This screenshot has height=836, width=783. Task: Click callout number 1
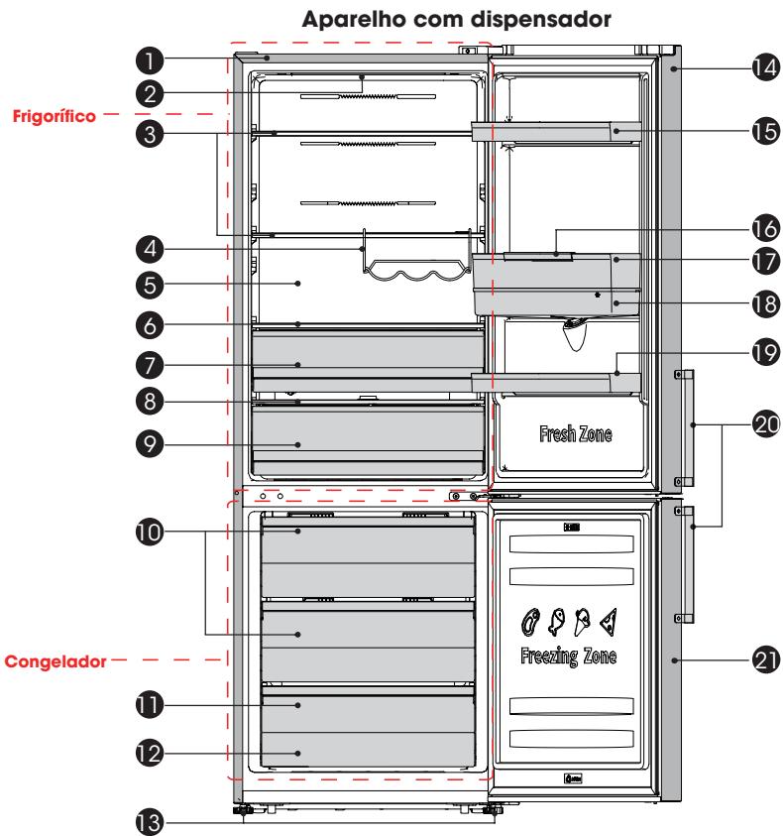coord(150,60)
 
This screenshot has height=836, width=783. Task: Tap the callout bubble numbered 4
coord(150,249)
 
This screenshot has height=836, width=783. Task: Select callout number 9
coord(150,444)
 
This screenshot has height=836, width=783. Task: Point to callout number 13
coord(150,821)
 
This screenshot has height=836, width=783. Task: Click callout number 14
coord(766,67)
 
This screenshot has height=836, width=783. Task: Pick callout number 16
coord(766,229)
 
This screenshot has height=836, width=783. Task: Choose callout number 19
coord(766,352)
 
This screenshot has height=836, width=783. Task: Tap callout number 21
coord(766,660)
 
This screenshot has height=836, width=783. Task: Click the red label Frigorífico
coord(55,116)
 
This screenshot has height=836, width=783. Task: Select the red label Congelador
coord(56,661)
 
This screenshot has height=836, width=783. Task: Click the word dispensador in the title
coord(541,20)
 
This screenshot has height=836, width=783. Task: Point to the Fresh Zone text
coord(576,433)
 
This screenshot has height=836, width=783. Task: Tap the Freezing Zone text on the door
coord(568,656)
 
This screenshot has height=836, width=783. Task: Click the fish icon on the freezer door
coord(556,622)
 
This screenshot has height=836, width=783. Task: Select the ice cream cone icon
coord(582,622)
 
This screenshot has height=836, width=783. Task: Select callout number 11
coord(150,705)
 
